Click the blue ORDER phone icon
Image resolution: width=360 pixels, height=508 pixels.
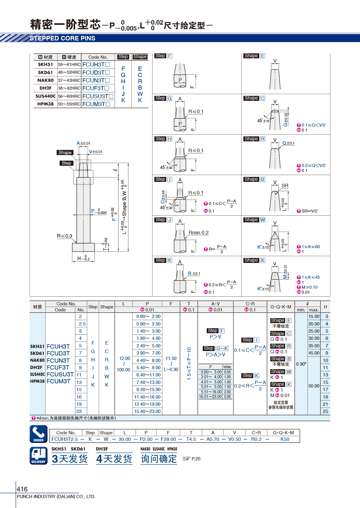coord(39,434)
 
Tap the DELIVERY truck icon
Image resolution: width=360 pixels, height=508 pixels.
coord(39,456)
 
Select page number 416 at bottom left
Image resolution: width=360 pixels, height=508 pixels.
coord(22,489)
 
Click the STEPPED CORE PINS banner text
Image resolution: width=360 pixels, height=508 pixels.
coord(62,38)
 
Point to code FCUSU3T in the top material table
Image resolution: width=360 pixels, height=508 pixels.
coord(96,96)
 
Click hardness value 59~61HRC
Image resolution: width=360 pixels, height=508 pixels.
coord(69,64)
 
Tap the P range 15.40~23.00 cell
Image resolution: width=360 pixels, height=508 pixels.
coord(147,411)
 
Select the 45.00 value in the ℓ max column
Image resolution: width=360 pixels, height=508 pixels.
coord(314,353)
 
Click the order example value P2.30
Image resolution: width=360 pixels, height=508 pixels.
coord(146,439)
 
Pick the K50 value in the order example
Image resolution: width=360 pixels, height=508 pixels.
coord(285,439)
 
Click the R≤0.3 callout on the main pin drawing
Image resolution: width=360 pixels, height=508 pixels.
coord(64,236)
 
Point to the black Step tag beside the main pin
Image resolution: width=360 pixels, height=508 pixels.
coord(67,163)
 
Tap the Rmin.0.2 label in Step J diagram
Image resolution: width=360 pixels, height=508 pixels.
coord(198,233)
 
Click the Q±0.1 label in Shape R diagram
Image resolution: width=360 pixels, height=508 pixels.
coord(288,143)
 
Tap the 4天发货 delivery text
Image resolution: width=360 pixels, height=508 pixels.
coord(114,459)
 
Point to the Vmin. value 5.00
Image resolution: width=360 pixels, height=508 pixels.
coord(227,397)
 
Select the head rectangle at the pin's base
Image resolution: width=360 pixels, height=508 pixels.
coord(83,247)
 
